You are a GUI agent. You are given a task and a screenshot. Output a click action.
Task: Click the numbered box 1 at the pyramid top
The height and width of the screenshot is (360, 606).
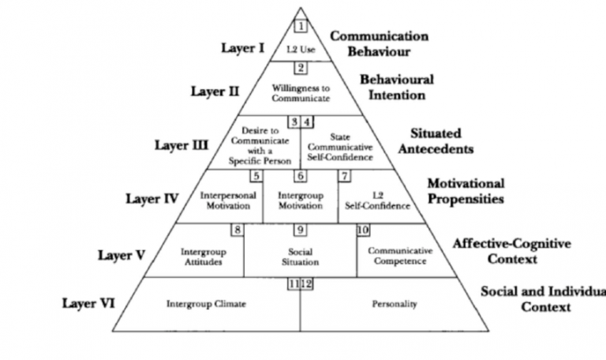[301, 25]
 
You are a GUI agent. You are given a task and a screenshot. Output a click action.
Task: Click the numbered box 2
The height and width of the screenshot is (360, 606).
[300, 68]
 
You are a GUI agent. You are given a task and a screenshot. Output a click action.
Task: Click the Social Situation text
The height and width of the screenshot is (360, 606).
[299, 256]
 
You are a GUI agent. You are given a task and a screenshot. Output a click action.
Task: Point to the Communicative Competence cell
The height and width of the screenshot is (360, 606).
[401, 256]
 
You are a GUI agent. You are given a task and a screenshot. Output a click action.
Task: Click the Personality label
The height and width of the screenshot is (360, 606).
[391, 303]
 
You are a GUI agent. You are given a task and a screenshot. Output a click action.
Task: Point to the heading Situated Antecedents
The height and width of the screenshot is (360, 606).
[441, 141]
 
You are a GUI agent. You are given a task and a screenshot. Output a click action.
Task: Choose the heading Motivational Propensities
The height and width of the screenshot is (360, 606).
[466, 190]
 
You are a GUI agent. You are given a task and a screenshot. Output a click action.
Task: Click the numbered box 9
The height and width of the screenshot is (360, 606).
[300, 230]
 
